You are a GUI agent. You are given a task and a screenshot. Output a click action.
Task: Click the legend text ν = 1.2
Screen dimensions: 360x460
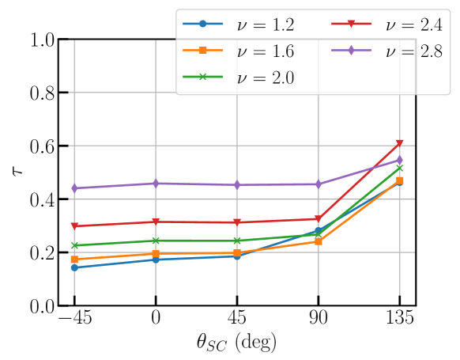(266, 25)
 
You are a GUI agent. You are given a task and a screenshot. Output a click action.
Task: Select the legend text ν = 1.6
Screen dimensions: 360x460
(266, 51)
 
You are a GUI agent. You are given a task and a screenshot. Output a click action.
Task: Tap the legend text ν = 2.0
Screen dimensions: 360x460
(266, 78)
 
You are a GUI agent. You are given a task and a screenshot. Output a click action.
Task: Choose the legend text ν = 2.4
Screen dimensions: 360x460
(413, 25)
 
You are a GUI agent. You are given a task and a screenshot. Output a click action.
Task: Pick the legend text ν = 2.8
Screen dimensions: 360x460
(413, 51)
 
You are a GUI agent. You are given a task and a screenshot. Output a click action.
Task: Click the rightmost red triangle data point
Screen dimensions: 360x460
(399, 143)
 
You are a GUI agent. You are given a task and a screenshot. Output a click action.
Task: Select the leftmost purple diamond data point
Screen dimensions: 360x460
(74, 188)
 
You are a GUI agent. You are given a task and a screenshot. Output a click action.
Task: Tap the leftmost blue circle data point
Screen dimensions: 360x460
(74, 267)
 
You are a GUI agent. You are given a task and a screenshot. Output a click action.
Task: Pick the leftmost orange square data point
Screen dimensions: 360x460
(74, 260)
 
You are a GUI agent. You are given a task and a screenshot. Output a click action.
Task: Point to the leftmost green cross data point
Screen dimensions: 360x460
(74, 245)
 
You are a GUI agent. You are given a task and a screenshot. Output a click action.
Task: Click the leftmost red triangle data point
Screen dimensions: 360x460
(74, 226)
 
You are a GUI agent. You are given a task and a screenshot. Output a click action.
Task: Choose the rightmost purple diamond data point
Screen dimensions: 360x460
(399, 160)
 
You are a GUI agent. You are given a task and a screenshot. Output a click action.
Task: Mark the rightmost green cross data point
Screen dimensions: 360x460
(399, 168)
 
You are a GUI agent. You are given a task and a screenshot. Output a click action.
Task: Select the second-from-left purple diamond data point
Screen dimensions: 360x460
(156, 183)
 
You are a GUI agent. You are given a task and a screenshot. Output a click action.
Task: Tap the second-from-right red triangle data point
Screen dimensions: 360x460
(318, 218)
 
